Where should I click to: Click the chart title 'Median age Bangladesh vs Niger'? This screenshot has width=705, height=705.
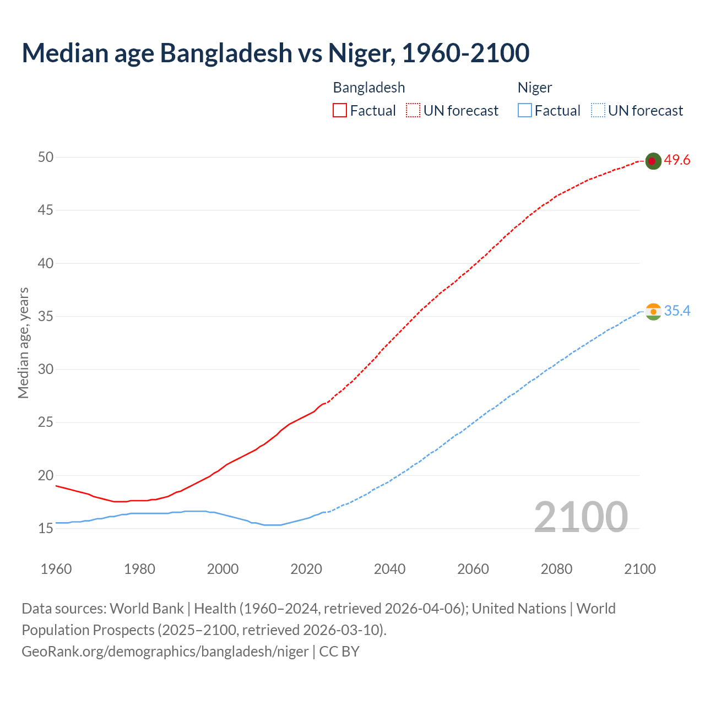point(275,53)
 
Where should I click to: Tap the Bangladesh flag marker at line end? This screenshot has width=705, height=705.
point(653,161)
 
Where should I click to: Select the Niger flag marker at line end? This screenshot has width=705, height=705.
point(653,312)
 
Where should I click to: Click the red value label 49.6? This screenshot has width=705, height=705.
point(677,160)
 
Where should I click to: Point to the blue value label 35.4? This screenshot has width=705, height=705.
point(677,311)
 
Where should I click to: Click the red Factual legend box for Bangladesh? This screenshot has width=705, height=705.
point(340,111)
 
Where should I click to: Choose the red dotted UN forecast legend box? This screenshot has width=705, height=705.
point(413,111)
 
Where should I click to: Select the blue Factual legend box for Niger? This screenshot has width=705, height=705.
point(525,111)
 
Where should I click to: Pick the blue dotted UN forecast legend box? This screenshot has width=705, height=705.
point(598,111)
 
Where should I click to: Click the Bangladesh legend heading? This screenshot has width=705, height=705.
point(369,88)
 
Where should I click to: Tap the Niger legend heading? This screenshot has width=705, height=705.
point(535,88)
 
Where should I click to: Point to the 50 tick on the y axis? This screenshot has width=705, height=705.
point(46,158)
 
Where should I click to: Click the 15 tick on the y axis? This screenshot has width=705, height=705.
point(46,529)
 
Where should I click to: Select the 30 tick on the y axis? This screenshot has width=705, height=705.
point(46,370)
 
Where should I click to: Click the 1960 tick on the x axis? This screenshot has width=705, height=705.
point(56,569)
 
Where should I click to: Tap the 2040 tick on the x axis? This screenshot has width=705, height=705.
point(390,569)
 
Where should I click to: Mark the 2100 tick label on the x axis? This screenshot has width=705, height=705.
point(640,569)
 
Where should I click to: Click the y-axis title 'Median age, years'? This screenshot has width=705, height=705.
point(23,343)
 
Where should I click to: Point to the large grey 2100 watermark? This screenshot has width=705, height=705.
point(581,517)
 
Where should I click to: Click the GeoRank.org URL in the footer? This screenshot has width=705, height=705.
point(165,652)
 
